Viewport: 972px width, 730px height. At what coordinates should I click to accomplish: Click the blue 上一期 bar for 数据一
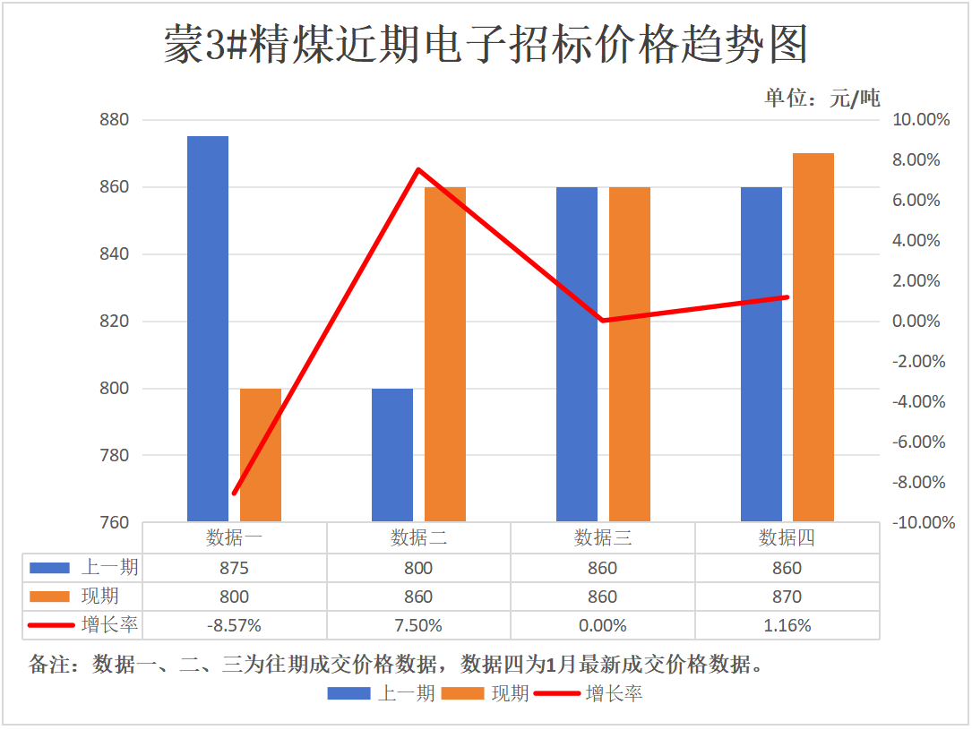coord(208,329)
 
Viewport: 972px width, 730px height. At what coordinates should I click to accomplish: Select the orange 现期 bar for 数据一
coord(261,455)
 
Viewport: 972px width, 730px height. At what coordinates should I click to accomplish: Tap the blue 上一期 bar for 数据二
coord(392,455)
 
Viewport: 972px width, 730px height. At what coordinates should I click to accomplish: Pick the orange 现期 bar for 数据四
coord(813,338)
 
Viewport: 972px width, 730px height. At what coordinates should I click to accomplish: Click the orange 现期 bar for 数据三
coord(630,355)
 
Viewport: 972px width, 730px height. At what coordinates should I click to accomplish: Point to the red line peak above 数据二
coord(418,169)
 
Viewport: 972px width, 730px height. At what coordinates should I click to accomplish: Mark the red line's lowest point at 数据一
coord(234,494)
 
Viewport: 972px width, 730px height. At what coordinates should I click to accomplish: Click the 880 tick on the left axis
coord(113,120)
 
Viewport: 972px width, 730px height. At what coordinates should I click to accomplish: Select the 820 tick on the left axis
coord(113,322)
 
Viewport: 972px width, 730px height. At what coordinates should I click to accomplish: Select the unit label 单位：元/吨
coord(821,99)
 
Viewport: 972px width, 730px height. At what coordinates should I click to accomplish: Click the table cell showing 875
coord(234,569)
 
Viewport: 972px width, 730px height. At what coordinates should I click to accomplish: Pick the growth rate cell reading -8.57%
coord(234,626)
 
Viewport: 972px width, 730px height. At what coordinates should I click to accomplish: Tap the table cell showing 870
coord(787,597)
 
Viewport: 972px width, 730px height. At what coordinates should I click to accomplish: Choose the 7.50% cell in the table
coord(418,626)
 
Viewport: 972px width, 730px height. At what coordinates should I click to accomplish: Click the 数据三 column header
coord(602,538)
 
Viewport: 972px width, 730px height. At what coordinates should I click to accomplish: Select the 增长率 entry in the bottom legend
coord(614,693)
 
